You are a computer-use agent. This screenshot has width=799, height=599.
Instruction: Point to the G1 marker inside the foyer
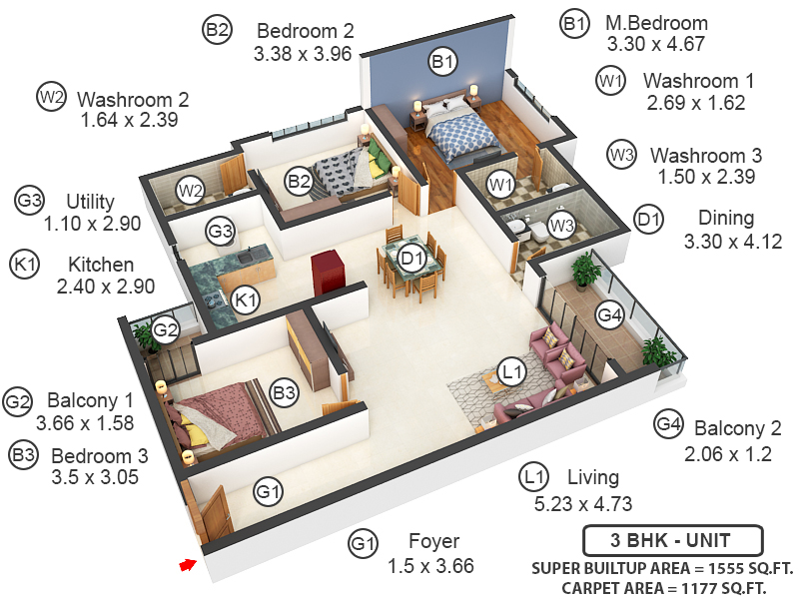tap(267, 490)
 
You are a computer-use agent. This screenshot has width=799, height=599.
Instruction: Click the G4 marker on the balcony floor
tap(609, 315)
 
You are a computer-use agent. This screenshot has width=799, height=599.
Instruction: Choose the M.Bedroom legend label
tap(656, 23)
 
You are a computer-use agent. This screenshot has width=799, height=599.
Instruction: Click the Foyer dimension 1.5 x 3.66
tap(430, 566)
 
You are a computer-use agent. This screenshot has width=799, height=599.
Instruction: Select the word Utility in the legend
tap(90, 202)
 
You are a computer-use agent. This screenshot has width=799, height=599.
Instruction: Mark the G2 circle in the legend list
tap(18, 401)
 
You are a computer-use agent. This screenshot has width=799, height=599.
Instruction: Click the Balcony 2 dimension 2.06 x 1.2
tap(730, 454)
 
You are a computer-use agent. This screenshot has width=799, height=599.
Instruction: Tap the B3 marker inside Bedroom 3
tap(285, 393)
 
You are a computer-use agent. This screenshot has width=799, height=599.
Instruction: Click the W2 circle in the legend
tap(51, 98)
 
